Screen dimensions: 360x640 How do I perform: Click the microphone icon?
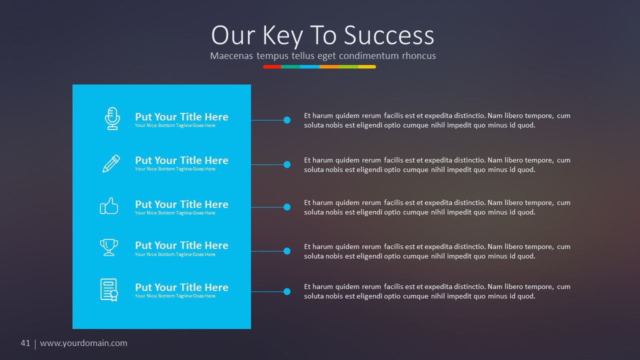[112, 118]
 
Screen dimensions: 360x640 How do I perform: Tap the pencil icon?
[111, 163]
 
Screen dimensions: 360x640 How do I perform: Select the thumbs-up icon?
[109, 206]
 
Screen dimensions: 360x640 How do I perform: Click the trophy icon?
[109, 247]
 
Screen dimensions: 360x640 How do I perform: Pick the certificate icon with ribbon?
[109, 290]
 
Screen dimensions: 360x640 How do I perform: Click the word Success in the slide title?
[389, 35]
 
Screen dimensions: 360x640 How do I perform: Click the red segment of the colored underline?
[272, 66]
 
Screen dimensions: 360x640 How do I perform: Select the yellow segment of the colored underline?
[367, 66]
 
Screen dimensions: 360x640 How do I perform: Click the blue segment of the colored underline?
[309, 66]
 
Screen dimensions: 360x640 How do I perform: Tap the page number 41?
[25, 343]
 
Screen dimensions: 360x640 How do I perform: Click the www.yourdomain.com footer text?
[83, 343]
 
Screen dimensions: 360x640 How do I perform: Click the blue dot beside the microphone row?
[287, 120]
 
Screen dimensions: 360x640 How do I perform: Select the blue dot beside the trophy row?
[287, 251]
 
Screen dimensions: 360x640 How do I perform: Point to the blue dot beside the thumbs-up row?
[287, 207]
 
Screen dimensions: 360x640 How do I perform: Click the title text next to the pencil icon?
[181, 160]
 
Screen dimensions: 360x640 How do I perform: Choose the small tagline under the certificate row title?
[175, 296]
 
